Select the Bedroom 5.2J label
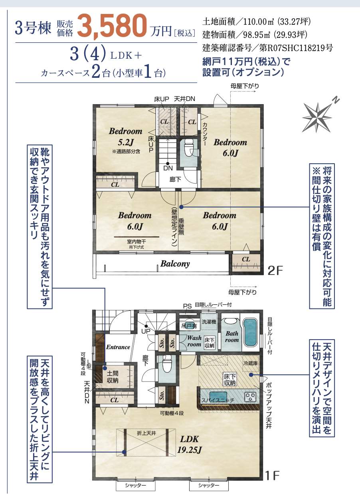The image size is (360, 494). [x=126, y=136]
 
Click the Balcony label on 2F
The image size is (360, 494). [x=175, y=264]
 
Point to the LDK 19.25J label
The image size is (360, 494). [x=189, y=444]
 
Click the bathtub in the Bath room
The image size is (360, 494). [x=250, y=332]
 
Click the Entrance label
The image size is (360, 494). [x=118, y=347]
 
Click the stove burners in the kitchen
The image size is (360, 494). [x=250, y=396]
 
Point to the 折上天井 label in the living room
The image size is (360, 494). [x=146, y=433]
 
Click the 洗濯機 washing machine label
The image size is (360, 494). [x=209, y=321]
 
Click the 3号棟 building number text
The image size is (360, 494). [x=34, y=28]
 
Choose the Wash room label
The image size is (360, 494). [x=194, y=341]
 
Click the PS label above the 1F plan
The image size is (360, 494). [x=187, y=306]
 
